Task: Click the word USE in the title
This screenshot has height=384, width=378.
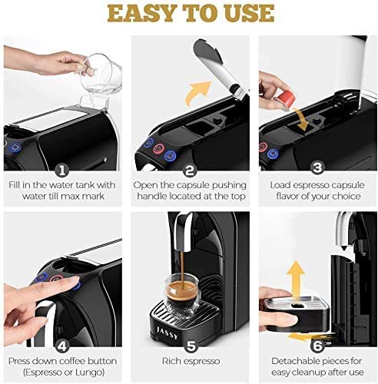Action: pos(245,13)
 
